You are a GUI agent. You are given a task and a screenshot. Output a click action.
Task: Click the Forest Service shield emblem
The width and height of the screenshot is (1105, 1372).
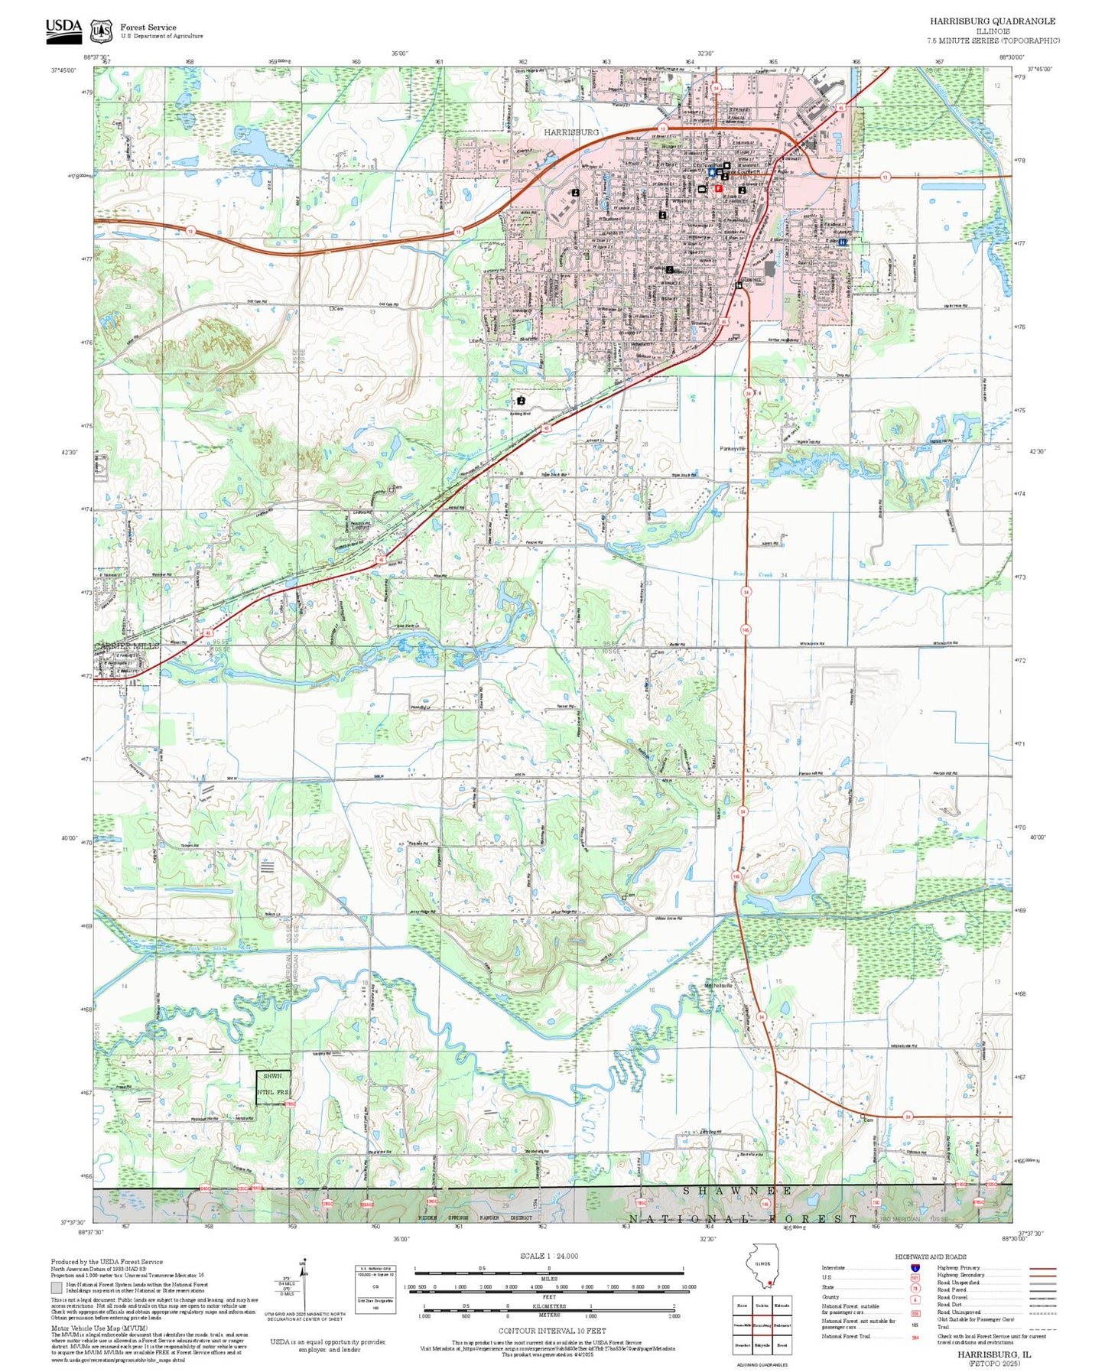pos(101,31)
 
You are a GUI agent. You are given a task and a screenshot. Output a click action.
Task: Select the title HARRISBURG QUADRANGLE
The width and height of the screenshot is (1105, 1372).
pos(992,21)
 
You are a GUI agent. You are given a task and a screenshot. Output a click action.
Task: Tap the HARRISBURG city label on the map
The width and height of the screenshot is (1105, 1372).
pos(571,132)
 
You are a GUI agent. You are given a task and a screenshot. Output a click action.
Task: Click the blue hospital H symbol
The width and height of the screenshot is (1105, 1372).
pos(843,242)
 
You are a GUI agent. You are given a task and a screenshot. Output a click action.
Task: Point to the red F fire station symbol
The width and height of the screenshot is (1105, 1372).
pos(718,188)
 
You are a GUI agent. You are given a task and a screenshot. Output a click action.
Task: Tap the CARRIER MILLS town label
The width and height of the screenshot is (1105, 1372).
pos(127,646)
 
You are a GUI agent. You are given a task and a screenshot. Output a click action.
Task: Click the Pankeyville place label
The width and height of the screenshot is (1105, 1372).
pos(733,449)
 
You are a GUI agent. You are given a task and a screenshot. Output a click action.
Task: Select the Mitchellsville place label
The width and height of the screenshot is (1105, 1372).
pos(718,986)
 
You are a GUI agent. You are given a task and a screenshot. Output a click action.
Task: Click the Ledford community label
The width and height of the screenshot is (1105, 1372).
pos(359,527)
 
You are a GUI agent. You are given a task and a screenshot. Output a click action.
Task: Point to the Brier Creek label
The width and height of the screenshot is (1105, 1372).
pos(753,574)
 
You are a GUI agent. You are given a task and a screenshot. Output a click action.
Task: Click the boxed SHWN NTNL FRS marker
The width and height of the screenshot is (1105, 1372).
pos(273,1087)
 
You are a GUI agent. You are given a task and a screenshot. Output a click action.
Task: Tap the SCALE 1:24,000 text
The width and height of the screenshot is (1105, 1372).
pos(548,1256)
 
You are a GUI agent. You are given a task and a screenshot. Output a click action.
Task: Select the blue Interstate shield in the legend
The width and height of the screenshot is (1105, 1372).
pos(915,1267)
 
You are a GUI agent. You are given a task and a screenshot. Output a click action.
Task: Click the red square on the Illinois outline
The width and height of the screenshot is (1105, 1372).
pos(770,1283)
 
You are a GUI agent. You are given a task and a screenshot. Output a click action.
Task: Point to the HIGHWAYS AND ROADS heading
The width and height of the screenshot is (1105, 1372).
pos(930,1257)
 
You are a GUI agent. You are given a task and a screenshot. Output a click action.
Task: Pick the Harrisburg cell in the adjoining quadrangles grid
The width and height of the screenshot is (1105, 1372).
pos(762,1325)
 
